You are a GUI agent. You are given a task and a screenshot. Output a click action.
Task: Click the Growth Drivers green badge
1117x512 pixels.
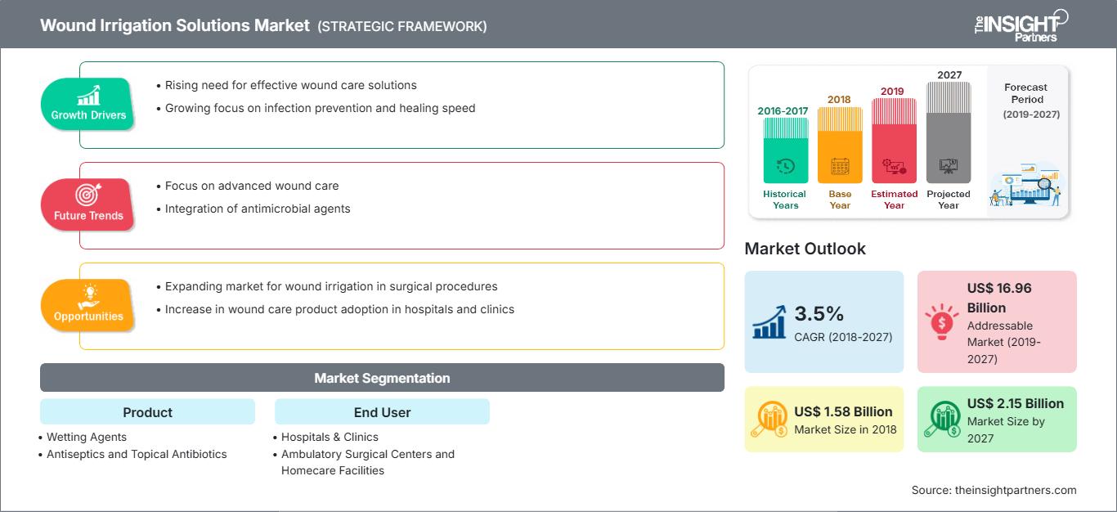tap(88, 104)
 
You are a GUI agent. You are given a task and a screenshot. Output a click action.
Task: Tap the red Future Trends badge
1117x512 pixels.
tap(88, 204)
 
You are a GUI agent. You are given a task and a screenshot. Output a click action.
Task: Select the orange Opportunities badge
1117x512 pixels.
tap(88, 305)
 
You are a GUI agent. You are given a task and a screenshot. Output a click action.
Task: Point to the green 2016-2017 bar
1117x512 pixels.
tap(785, 151)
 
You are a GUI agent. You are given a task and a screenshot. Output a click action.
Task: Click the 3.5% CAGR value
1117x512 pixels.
tap(820, 314)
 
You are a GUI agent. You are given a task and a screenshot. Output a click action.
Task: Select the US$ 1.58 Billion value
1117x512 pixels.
tap(843, 411)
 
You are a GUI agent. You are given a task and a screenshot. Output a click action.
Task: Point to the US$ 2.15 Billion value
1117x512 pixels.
tap(1015, 403)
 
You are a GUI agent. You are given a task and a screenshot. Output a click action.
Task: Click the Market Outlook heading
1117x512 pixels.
tap(805, 249)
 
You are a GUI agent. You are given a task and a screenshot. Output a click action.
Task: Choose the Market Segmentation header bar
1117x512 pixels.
tap(382, 378)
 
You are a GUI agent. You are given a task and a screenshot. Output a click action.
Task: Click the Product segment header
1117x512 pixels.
tap(147, 412)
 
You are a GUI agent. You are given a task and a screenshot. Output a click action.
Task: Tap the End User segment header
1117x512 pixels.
tap(382, 412)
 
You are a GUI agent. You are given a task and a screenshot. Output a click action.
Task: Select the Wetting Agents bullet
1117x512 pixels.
tap(87, 437)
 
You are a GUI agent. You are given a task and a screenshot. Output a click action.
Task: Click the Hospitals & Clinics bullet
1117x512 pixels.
tap(330, 437)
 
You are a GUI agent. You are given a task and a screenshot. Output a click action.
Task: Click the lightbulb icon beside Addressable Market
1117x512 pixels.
tap(941, 321)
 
